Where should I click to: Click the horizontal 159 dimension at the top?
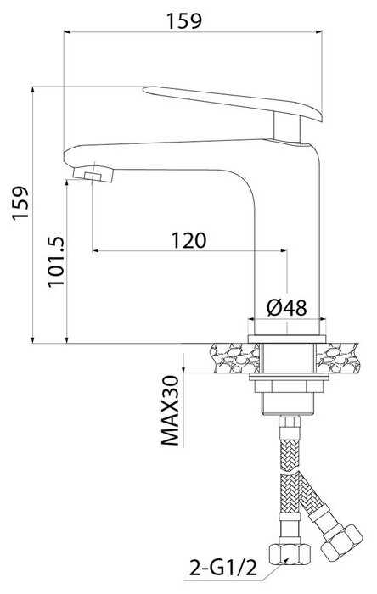[x=185, y=21]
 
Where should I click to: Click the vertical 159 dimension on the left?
[x=20, y=202]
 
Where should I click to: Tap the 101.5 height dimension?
[x=57, y=261]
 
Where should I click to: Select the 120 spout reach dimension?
[x=188, y=240]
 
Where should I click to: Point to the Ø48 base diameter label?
[x=286, y=307]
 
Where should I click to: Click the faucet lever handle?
[x=233, y=104]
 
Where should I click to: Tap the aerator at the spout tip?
[x=93, y=174]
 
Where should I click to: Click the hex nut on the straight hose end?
[x=290, y=554]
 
